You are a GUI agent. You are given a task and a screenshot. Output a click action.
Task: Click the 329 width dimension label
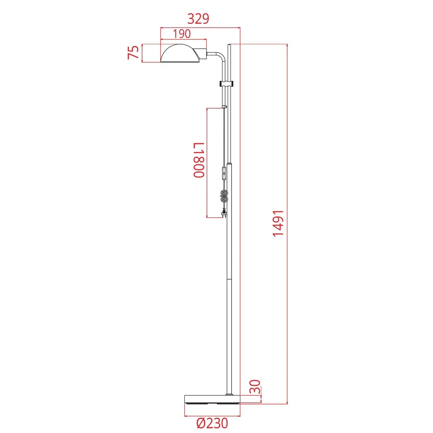click(198, 19)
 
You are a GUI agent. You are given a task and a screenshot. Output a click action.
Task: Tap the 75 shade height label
click(134, 52)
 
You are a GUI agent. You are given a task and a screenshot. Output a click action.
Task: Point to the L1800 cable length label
click(198, 161)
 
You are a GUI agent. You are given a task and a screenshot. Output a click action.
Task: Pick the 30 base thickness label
click(256, 386)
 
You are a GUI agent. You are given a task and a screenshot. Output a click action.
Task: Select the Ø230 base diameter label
click(211, 423)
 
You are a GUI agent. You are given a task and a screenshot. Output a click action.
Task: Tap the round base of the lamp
click(212, 399)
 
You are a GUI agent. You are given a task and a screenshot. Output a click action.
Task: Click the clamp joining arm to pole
click(226, 83)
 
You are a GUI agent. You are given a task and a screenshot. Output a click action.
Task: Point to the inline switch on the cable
click(224, 174)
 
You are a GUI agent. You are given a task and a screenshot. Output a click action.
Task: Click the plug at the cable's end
click(224, 213)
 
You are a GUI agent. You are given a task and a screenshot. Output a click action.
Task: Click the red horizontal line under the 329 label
click(200, 28)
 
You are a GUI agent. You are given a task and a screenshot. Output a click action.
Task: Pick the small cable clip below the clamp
click(224, 106)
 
